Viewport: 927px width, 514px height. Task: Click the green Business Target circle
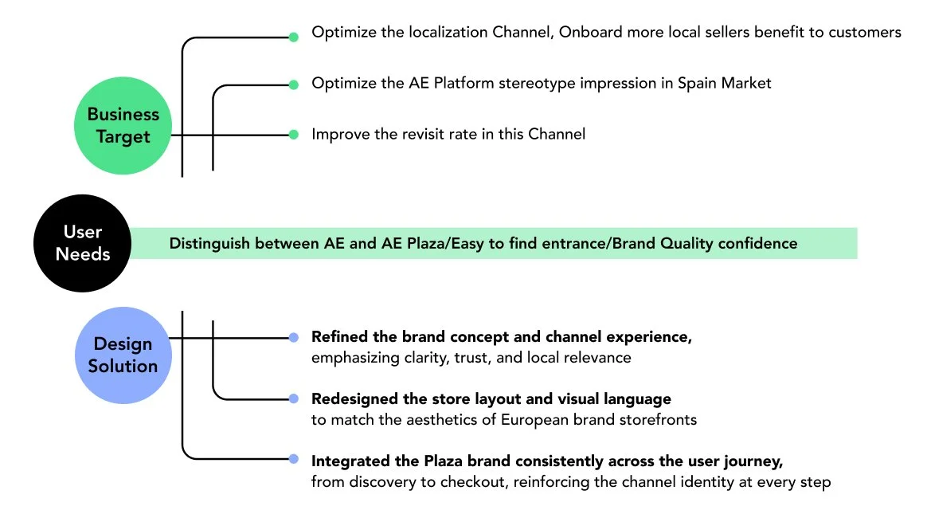(x=123, y=125)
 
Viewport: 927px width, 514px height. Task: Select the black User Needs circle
(x=83, y=243)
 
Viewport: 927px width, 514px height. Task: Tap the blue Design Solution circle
(x=123, y=355)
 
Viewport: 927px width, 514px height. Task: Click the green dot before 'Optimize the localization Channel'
(x=293, y=37)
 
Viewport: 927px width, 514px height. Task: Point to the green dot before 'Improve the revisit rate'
(x=293, y=135)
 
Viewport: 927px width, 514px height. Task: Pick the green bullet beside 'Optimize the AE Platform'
(x=293, y=84)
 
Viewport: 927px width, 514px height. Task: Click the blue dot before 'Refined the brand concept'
(x=293, y=338)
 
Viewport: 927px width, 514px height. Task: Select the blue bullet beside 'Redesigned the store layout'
(x=293, y=398)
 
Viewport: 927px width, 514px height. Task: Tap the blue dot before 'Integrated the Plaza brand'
(x=293, y=460)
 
